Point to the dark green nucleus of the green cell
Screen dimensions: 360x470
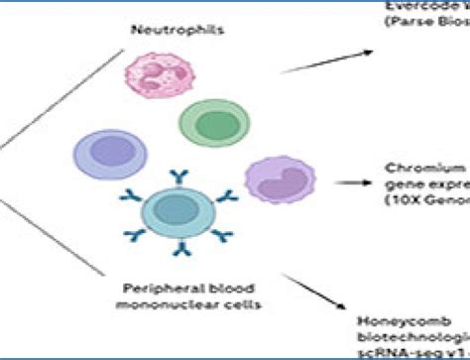(x=208, y=124)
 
